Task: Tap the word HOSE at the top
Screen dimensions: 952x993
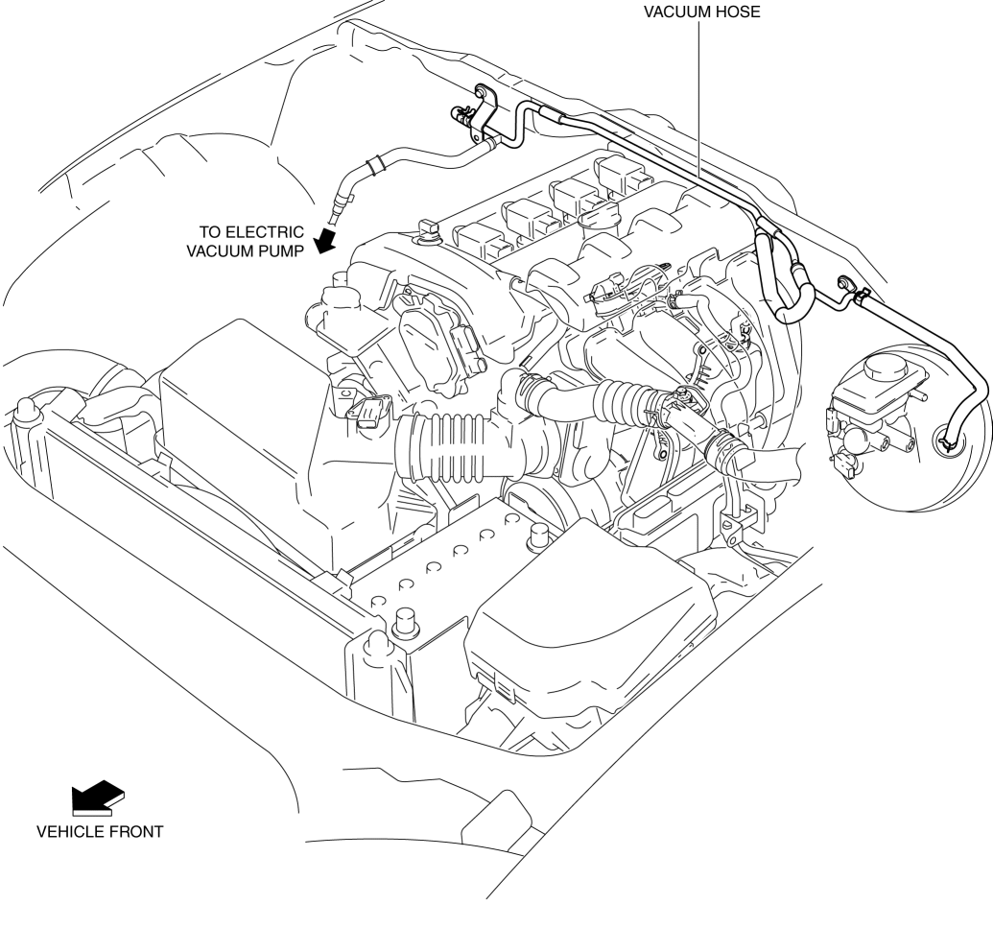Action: (738, 13)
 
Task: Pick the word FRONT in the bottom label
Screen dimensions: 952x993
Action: (135, 832)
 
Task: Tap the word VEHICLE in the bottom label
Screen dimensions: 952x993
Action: (69, 832)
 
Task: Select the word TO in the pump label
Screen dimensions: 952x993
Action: (211, 232)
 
